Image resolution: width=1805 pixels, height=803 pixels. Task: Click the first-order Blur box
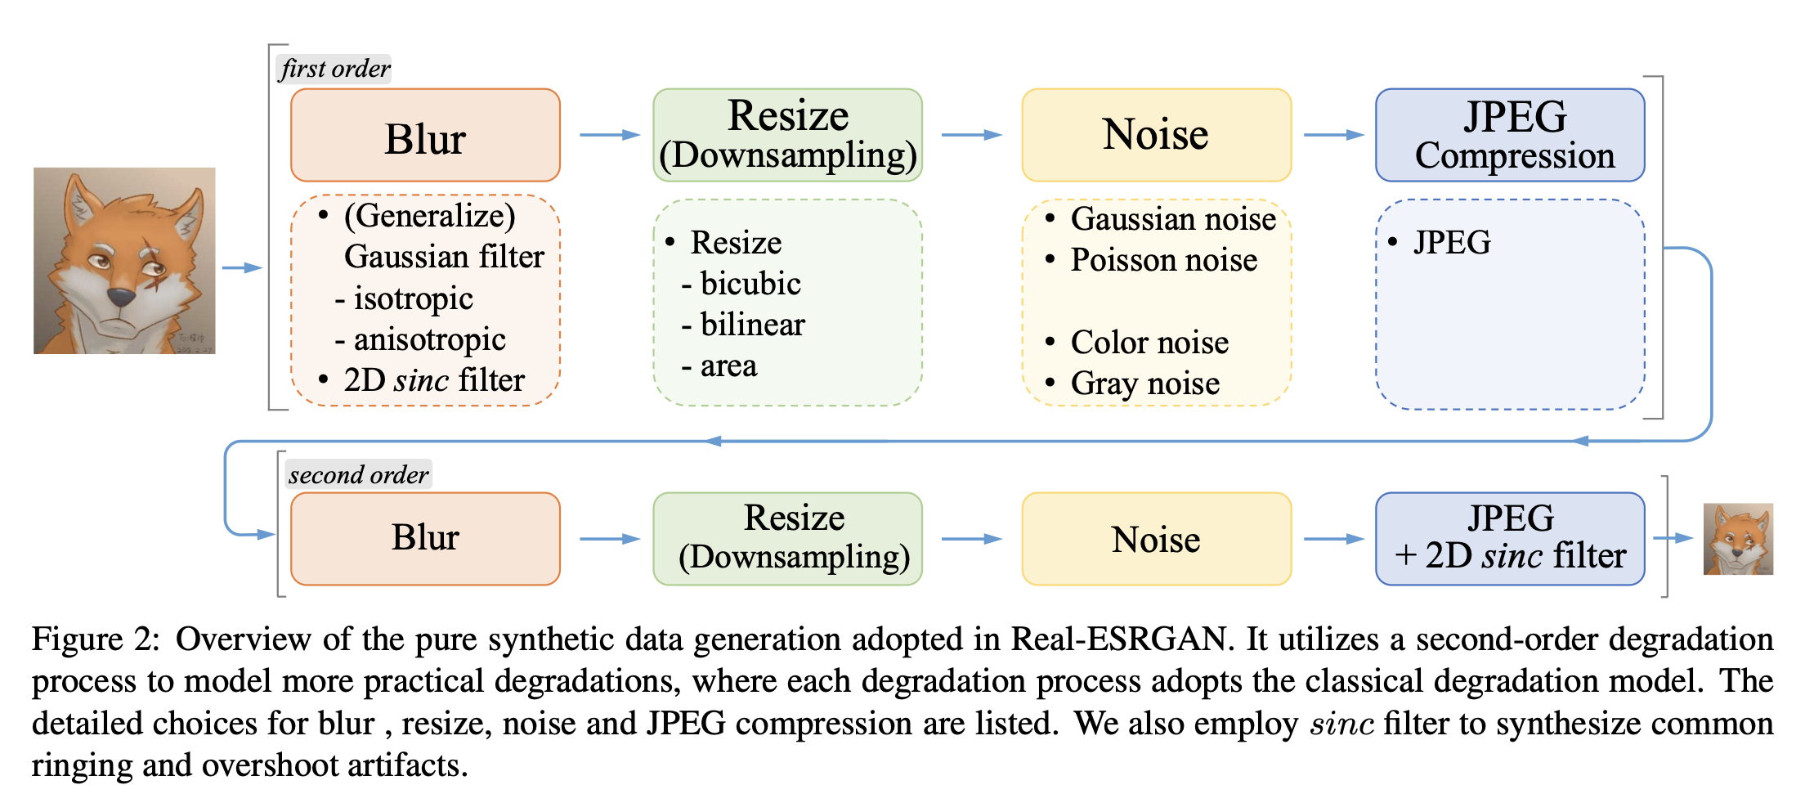(425, 136)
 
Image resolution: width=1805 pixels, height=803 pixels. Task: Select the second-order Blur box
(425, 538)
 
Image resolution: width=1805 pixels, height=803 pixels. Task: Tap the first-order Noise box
(1156, 136)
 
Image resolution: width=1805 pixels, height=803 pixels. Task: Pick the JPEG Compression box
(1510, 136)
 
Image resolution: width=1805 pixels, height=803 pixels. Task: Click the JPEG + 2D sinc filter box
(1510, 538)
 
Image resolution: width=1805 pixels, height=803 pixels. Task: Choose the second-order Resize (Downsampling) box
(787, 538)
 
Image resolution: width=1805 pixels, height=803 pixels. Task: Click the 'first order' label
(334, 69)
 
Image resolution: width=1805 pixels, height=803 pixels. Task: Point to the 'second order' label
(358, 475)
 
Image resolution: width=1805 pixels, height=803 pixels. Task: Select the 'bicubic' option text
(750, 284)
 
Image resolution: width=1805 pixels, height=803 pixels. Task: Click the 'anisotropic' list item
(428, 339)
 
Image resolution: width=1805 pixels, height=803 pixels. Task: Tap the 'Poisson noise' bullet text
(1163, 260)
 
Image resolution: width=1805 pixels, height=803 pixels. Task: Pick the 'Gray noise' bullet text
(1144, 384)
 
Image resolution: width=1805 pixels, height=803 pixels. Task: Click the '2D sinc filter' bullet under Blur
(433, 380)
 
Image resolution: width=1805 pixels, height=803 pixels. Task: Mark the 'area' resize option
(728, 366)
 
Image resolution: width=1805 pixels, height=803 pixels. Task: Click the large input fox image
(124, 261)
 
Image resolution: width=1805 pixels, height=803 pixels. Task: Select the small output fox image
(1738, 539)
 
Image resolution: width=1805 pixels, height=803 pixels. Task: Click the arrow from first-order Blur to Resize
(609, 135)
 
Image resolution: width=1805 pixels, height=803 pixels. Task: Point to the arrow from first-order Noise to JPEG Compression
(1333, 135)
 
